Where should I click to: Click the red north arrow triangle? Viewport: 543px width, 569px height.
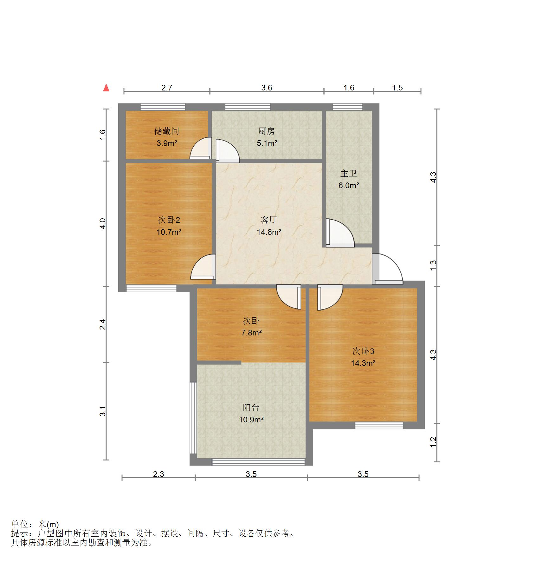(x=106, y=88)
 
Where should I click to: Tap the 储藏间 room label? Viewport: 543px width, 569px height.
(x=167, y=131)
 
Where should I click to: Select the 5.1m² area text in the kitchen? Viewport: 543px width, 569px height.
(x=267, y=143)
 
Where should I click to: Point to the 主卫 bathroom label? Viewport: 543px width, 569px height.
(x=349, y=173)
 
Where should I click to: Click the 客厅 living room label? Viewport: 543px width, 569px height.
(x=269, y=220)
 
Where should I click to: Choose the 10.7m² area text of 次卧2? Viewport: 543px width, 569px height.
(x=169, y=232)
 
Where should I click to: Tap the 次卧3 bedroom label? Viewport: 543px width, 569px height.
(x=363, y=351)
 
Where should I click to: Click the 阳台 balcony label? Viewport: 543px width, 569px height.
(x=251, y=407)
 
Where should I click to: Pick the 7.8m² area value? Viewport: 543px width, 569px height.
(x=251, y=333)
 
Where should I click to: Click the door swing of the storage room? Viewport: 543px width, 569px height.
(x=201, y=148)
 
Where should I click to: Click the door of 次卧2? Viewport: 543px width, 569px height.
(x=203, y=267)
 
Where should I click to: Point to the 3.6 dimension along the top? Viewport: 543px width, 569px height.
(x=267, y=88)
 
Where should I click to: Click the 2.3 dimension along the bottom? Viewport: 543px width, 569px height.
(x=158, y=474)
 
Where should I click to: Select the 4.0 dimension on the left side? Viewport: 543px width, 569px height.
(x=102, y=223)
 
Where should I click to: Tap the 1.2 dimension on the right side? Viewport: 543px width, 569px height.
(x=433, y=442)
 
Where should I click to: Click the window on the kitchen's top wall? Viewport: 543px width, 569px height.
(x=248, y=107)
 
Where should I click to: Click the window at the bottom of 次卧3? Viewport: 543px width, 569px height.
(x=379, y=426)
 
